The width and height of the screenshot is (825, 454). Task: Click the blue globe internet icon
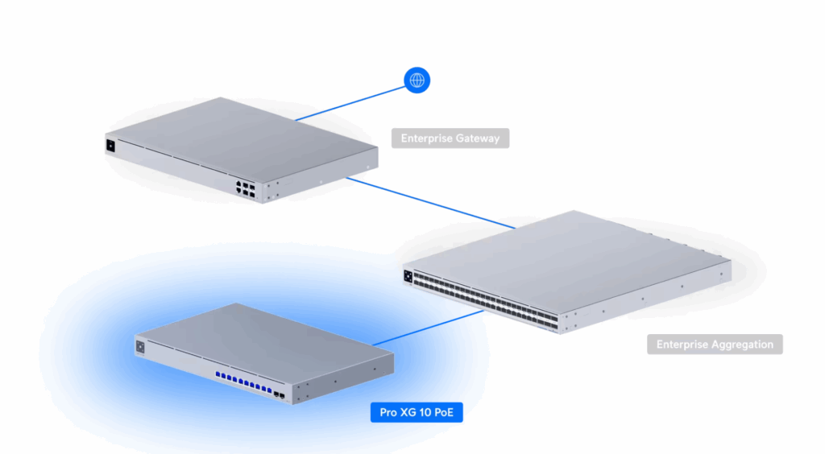click(417, 80)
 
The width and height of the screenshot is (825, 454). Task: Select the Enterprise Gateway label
click(450, 138)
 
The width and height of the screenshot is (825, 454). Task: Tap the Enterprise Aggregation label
click(715, 345)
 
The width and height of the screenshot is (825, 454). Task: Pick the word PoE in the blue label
click(451, 413)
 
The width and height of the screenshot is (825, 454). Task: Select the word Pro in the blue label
click(388, 413)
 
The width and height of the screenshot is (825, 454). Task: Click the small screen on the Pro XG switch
click(141, 347)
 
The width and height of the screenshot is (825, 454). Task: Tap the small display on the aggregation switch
click(408, 276)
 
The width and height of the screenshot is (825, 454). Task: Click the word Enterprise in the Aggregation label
click(682, 345)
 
